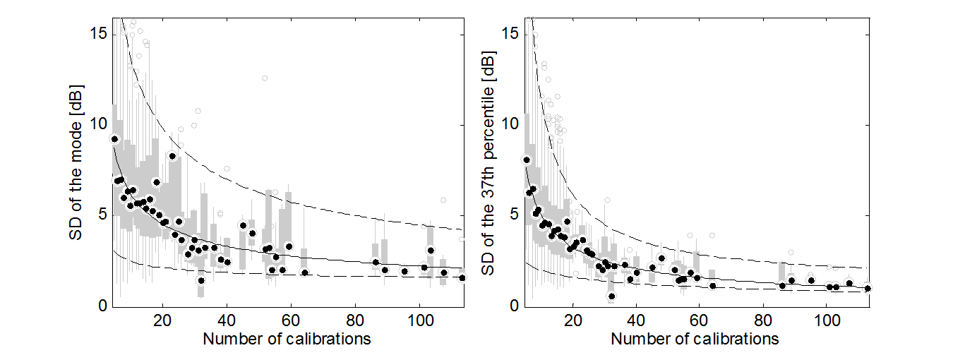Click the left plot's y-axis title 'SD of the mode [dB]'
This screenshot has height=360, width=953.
76,161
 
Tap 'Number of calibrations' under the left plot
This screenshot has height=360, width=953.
287,340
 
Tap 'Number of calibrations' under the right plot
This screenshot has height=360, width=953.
695,340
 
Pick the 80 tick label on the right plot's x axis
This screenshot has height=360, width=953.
762,320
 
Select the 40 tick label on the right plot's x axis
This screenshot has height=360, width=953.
636,320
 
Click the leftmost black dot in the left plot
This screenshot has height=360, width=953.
115,139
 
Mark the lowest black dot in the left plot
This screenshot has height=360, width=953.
201,280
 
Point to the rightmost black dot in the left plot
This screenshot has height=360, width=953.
462,278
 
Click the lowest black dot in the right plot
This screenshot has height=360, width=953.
611,296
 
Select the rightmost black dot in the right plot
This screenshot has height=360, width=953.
868,288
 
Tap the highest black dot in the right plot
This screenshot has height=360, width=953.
526,160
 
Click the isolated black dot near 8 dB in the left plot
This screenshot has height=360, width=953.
172,156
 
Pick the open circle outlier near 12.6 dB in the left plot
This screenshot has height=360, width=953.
265,78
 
